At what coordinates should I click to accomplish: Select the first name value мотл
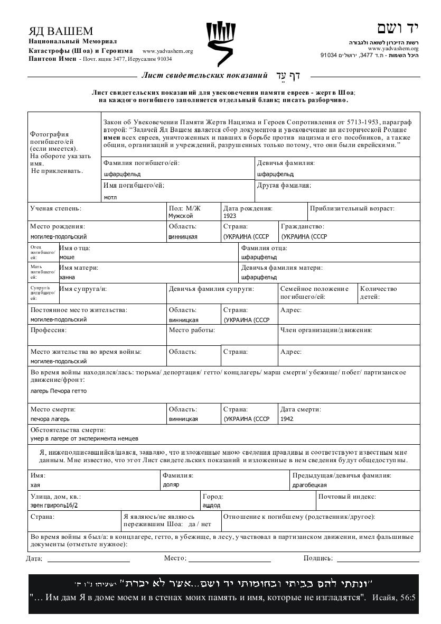click(x=110, y=197)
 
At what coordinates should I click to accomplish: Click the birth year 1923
click(x=230, y=216)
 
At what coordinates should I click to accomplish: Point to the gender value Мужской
click(x=181, y=216)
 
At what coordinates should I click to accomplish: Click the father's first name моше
click(x=67, y=257)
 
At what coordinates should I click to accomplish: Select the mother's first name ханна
click(x=68, y=277)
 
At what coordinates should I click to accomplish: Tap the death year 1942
click(x=287, y=419)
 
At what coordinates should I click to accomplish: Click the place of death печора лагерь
click(x=50, y=419)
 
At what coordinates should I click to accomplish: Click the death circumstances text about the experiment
click(x=85, y=438)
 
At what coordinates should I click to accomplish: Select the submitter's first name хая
click(x=35, y=485)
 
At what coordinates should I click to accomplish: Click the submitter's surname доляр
click(x=171, y=485)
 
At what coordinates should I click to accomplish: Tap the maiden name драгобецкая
click(x=309, y=485)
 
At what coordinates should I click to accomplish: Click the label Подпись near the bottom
click(x=318, y=558)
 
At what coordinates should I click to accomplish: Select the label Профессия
click(x=48, y=330)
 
